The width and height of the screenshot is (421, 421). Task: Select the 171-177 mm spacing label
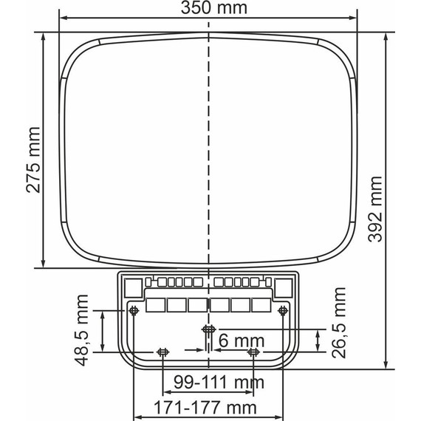pos(207,407)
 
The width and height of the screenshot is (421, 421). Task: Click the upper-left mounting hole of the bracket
pos(134,311)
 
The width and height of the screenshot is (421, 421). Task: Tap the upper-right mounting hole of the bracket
pos(283,311)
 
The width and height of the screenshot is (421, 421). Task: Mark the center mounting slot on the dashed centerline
pos(208,329)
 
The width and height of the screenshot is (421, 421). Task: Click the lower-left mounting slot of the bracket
pos(162,352)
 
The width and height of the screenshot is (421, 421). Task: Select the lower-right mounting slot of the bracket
pos(253,352)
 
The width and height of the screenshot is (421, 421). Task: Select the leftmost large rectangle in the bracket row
pos(156,304)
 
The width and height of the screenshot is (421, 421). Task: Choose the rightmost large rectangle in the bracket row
pos(261,304)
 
